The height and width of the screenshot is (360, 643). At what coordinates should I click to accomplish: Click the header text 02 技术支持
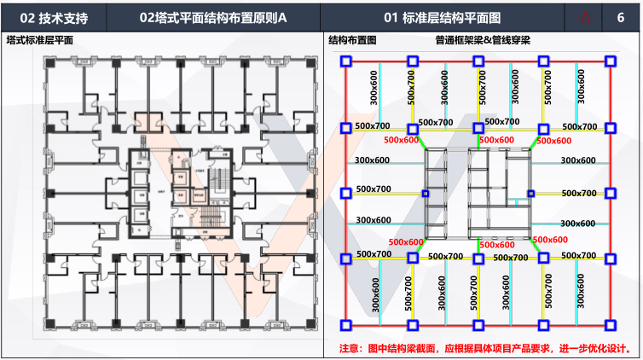click(x=55, y=17)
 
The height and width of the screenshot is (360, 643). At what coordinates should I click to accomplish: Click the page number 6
click(x=618, y=17)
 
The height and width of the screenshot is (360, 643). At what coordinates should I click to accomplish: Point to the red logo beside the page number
click(x=583, y=17)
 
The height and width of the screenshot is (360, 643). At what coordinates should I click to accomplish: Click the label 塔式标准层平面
click(x=39, y=40)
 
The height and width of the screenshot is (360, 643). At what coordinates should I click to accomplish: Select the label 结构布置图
click(x=352, y=40)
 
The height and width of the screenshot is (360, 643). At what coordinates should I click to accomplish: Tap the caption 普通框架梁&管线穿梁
click(x=483, y=40)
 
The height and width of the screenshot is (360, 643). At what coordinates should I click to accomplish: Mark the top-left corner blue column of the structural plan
click(x=346, y=61)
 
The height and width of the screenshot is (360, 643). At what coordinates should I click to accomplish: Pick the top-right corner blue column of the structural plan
click(x=611, y=61)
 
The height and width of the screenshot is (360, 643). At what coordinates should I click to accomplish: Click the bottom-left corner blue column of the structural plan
click(x=346, y=325)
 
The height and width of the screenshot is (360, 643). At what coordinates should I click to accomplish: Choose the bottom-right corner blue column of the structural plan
click(x=611, y=325)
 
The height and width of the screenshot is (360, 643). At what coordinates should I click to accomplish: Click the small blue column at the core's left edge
click(x=426, y=194)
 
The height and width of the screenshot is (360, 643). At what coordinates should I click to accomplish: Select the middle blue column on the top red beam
click(x=478, y=61)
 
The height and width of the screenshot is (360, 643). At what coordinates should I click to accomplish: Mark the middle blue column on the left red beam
click(x=346, y=193)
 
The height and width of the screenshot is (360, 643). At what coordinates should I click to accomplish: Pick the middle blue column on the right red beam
click(x=611, y=193)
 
